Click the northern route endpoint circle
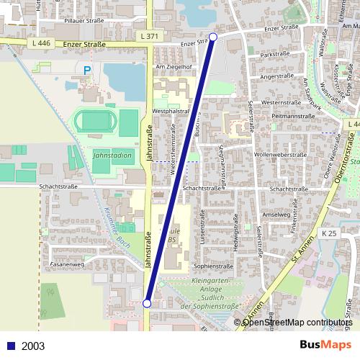pos(212,37)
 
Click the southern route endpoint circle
pos(147,304)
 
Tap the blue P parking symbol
pos(87,71)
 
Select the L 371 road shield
pos(149,36)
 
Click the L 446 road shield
pos(41,44)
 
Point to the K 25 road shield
pos(329,233)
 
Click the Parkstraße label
pos(275,55)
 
